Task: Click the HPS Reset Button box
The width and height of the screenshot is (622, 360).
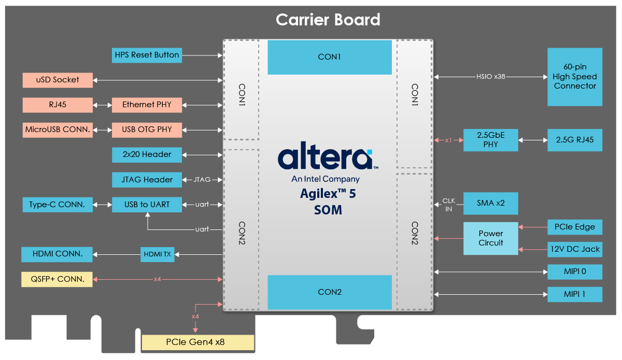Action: (147, 55)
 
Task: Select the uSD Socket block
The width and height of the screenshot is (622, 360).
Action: (58, 80)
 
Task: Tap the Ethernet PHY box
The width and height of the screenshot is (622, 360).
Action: (147, 105)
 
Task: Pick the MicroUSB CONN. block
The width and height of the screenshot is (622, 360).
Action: (58, 130)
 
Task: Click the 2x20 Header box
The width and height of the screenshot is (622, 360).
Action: (147, 154)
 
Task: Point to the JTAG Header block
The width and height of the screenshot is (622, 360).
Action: (147, 180)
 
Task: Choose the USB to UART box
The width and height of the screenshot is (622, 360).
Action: (147, 205)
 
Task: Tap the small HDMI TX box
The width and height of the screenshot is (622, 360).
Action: (158, 254)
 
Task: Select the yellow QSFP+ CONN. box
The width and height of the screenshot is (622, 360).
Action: (57, 279)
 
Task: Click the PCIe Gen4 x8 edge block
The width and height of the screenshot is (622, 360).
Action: (198, 342)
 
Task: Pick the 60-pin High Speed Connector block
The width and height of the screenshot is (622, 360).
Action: (575, 77)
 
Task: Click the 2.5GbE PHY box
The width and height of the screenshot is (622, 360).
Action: (491, 140)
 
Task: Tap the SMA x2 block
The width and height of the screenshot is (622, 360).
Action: (491, 203)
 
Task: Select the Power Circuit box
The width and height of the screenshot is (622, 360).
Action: (491, 238)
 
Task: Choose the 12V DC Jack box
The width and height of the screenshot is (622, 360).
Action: (575, 249)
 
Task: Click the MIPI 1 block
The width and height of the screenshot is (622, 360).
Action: (575, 294)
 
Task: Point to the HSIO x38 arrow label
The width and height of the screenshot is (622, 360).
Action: (491, 77)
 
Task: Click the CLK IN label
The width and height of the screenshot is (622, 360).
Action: (448, 205)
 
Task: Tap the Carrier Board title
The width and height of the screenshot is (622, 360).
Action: (328, 20)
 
